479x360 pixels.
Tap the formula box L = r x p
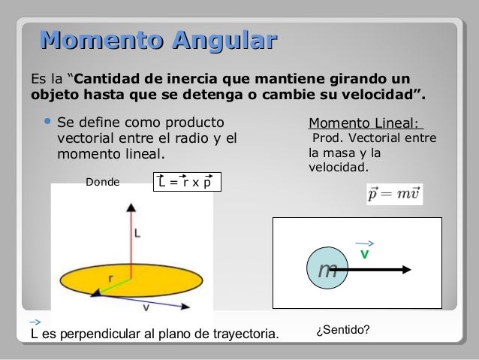(x=187, y=182)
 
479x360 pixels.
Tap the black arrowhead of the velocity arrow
(x=403, y=269)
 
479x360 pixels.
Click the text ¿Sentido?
(x=344, y=330)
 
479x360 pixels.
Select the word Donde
(x=103, y=181)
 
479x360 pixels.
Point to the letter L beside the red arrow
(x=138, y=234)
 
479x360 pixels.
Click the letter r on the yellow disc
(x=110, y=277)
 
